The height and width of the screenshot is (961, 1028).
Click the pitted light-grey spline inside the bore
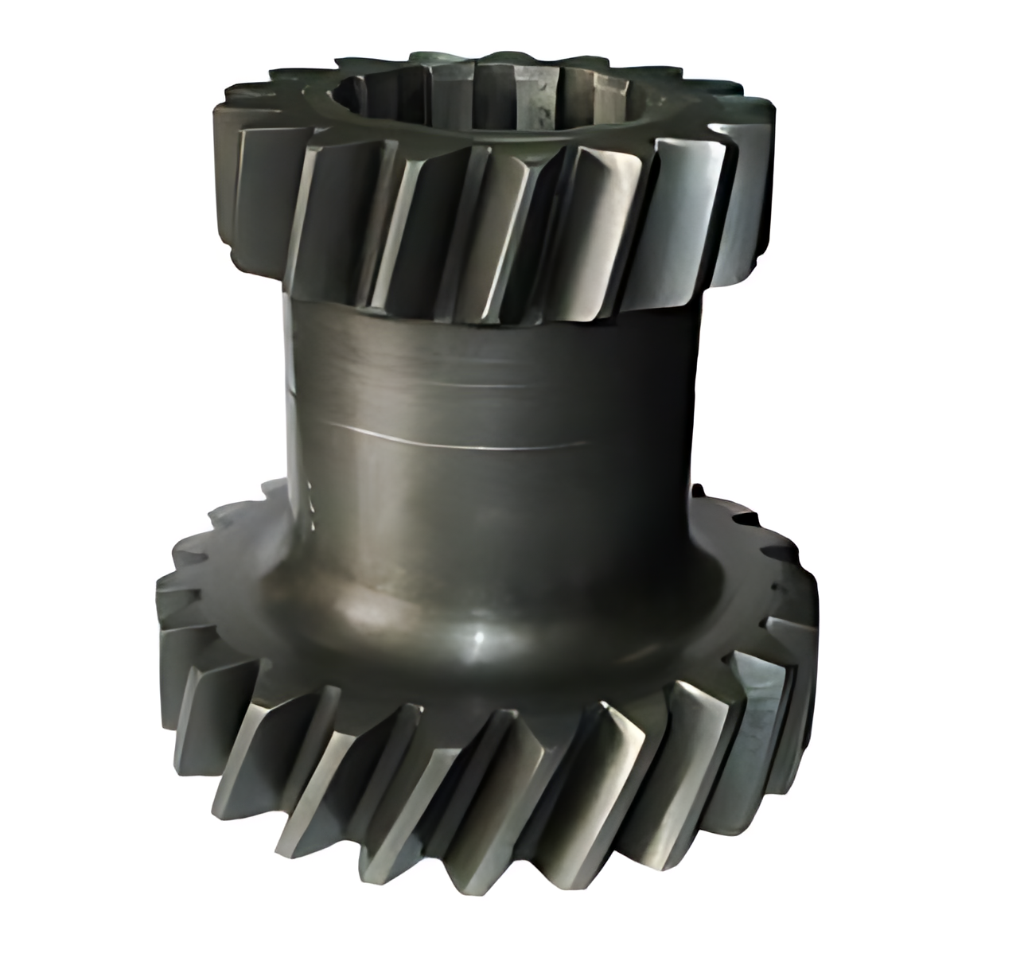click(x=541, y=103)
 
